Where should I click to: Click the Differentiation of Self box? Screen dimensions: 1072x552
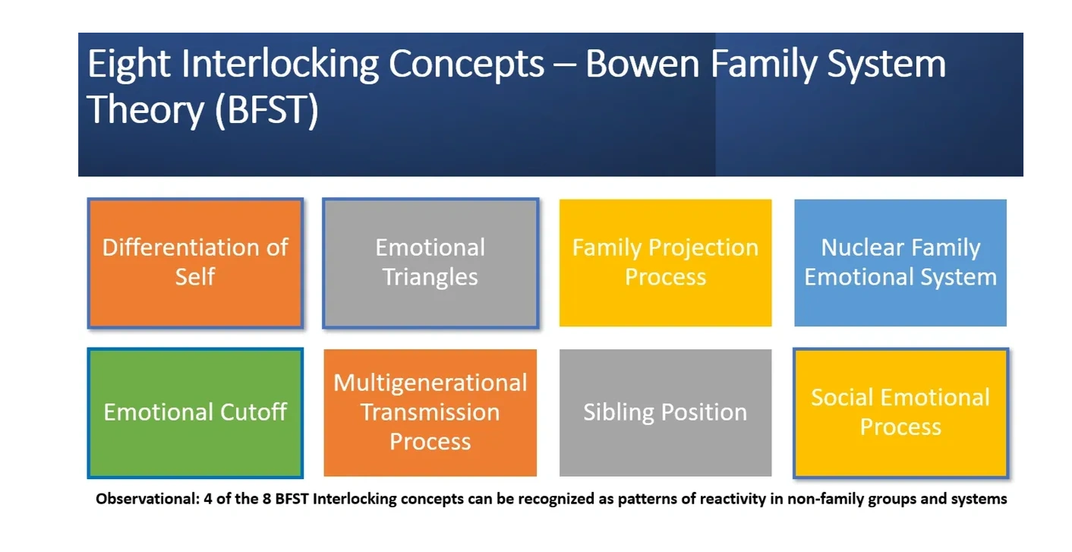click(x=195, y=263)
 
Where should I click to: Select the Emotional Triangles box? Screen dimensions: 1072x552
click(x=430, y=263)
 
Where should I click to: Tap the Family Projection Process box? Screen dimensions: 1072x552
click(x=665, y=263)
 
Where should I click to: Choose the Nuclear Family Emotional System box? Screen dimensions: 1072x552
click(x=900, y=263)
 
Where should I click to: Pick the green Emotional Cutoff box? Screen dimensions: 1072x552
click(x=195, y=413)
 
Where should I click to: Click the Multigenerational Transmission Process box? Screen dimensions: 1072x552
click(x=430, y=413)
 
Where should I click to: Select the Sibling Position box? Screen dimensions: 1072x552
click(x=665, y=413)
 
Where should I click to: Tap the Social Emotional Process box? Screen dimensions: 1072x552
click(x=900, y=413)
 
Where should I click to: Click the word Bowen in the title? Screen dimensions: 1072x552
click(x=642, y=64)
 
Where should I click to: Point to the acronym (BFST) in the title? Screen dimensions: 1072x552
click(x=267, y=110)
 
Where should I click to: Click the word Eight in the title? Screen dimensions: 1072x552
click(x=128, y=65)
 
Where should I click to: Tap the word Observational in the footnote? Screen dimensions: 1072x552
click(x=147, y=499)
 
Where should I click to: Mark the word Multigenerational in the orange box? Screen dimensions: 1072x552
click(x=430, y=383)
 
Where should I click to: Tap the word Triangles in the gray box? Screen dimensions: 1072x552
click(x=430, y=278)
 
